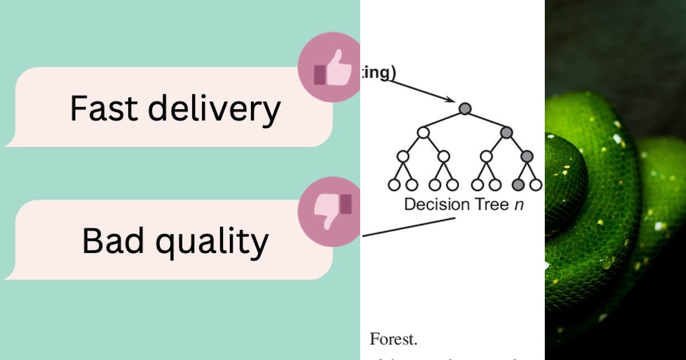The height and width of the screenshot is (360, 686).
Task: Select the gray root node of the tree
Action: [465, 108]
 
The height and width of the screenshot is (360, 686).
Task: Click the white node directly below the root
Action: [423, 133]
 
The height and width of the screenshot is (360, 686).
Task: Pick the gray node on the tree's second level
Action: [506, 133]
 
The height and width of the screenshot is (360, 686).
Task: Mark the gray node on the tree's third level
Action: [527, 155]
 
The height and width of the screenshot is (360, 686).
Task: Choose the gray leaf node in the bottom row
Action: [518, 185]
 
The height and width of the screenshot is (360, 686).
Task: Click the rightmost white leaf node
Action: [536, 185]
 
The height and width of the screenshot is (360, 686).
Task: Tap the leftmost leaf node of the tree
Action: [393, 185]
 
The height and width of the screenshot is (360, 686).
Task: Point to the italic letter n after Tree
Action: [519, 205]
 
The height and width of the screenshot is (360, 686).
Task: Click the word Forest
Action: [393, 339]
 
